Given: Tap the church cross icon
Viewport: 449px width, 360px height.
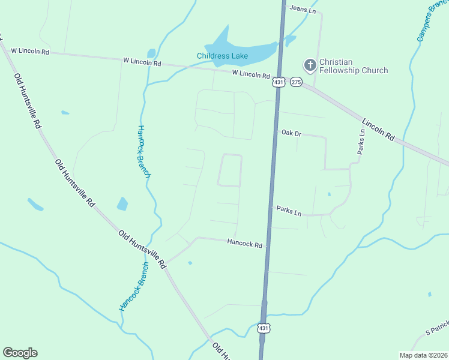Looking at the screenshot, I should point(310,65).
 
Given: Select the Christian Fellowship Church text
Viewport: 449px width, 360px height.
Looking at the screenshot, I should point(353,66).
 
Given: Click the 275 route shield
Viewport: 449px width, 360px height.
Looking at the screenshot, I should point(296,82).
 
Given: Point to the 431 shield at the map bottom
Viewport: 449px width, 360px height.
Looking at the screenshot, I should point(265,328).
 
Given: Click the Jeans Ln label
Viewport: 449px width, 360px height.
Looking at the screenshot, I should point(302,8).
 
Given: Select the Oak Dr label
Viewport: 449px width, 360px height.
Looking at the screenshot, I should point(291,133).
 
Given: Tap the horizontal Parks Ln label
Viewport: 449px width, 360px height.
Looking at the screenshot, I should point(289,211).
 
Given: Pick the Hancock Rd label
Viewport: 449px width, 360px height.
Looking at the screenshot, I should point(244,244).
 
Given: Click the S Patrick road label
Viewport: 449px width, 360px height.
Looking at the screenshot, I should point(436,328).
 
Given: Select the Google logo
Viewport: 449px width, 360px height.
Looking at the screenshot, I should point(20,353).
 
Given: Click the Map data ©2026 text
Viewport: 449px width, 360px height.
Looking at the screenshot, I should point(423,355).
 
